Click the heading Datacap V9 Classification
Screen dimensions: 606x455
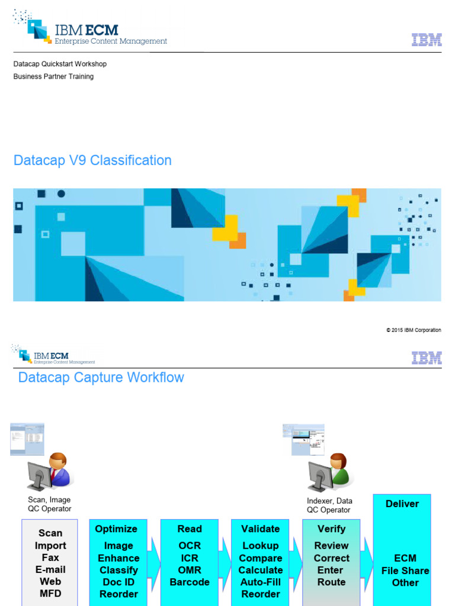click(x=92, y=160)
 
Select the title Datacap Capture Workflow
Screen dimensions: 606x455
click(x=101, y=378)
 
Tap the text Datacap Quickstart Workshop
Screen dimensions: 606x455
click(x=60, y=64)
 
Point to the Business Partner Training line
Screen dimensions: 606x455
click(x=53, y=76)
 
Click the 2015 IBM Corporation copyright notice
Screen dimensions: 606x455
click(x=414, y=330)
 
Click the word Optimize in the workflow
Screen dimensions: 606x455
click(x=116, y=528)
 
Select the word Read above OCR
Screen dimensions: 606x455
click(x=190, y=528)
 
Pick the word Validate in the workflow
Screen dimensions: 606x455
click(x=260, y=528)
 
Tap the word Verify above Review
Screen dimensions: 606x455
click(x=331, y=528)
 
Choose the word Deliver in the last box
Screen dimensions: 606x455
click(x=402, y=504)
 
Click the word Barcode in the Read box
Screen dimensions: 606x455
click(x=190, y=582)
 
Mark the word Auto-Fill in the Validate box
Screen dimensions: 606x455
click(x=260, y=582)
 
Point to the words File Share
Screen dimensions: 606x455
click(x=405, y=570)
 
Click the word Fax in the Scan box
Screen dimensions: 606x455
click(x=50, y=557)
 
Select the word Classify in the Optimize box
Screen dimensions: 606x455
click(x=118, y=570)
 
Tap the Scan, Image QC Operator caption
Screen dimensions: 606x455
click(x=49, y=504)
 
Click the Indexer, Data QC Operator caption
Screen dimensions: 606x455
click(x=329, y=505)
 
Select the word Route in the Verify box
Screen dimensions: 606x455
click(x=331, y=582)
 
